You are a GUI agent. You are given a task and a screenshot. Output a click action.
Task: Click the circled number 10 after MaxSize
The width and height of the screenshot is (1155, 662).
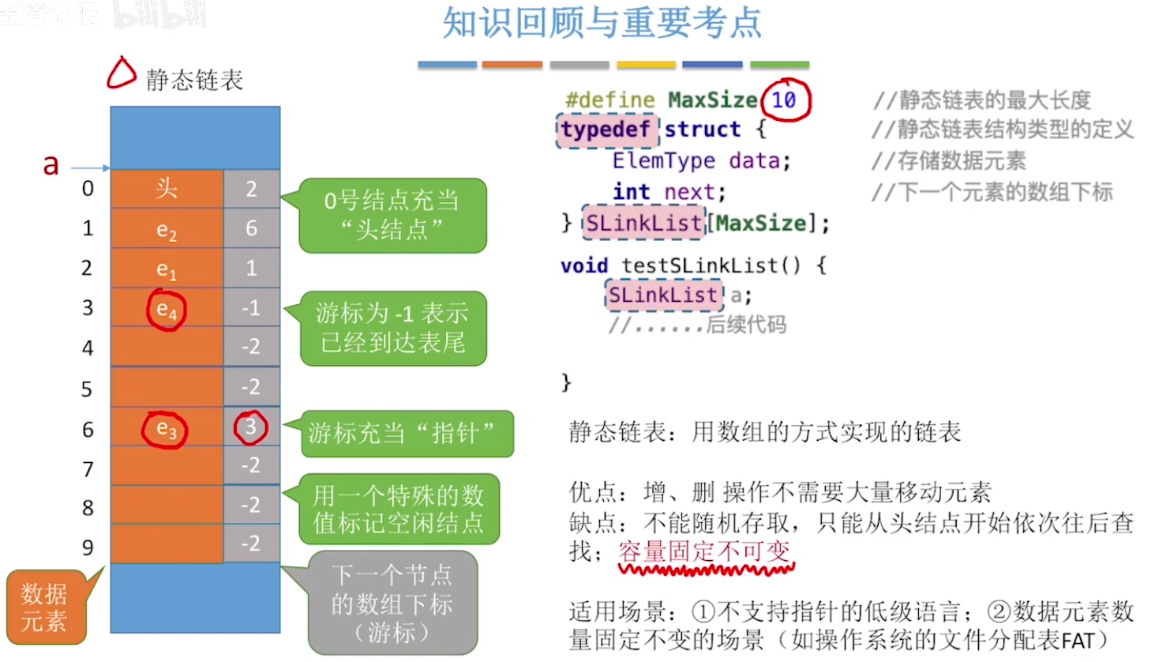784,100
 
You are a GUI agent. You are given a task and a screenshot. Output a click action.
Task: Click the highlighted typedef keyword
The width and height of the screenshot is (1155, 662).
606,130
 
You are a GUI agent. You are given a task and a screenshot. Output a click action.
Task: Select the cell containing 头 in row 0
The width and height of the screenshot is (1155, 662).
167,189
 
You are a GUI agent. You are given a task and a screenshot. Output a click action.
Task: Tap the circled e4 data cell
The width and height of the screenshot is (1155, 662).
167,309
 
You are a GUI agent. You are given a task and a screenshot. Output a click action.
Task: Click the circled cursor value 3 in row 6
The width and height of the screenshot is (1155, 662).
250,427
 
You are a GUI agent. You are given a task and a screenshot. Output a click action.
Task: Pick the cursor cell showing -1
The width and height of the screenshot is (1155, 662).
251,307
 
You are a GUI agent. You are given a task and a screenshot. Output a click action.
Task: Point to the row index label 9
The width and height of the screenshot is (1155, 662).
88,547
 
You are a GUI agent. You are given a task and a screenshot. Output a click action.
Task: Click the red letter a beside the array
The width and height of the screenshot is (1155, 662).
51,165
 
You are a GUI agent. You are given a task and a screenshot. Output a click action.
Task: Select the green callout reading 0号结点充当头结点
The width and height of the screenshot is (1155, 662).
392,215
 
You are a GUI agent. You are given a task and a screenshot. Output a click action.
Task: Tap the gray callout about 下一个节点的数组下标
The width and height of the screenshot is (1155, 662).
392,604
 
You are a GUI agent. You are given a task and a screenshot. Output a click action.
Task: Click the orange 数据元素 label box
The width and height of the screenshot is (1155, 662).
45,607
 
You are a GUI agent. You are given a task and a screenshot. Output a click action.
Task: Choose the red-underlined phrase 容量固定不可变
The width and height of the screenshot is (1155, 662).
704,551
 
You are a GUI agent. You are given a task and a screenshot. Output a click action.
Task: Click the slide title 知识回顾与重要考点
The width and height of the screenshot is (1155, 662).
602,23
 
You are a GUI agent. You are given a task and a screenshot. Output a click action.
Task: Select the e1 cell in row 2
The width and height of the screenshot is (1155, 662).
167,269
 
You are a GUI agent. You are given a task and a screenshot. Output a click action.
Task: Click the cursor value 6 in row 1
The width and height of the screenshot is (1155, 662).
251,228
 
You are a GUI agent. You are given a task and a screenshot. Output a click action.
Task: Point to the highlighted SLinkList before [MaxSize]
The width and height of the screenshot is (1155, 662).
643,224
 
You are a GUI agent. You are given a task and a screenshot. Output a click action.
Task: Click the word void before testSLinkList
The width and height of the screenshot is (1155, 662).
584,265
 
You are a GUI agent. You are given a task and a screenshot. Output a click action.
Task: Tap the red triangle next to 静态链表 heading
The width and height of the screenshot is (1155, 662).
121,73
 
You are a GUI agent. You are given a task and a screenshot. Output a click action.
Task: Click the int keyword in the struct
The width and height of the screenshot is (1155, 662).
631,192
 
